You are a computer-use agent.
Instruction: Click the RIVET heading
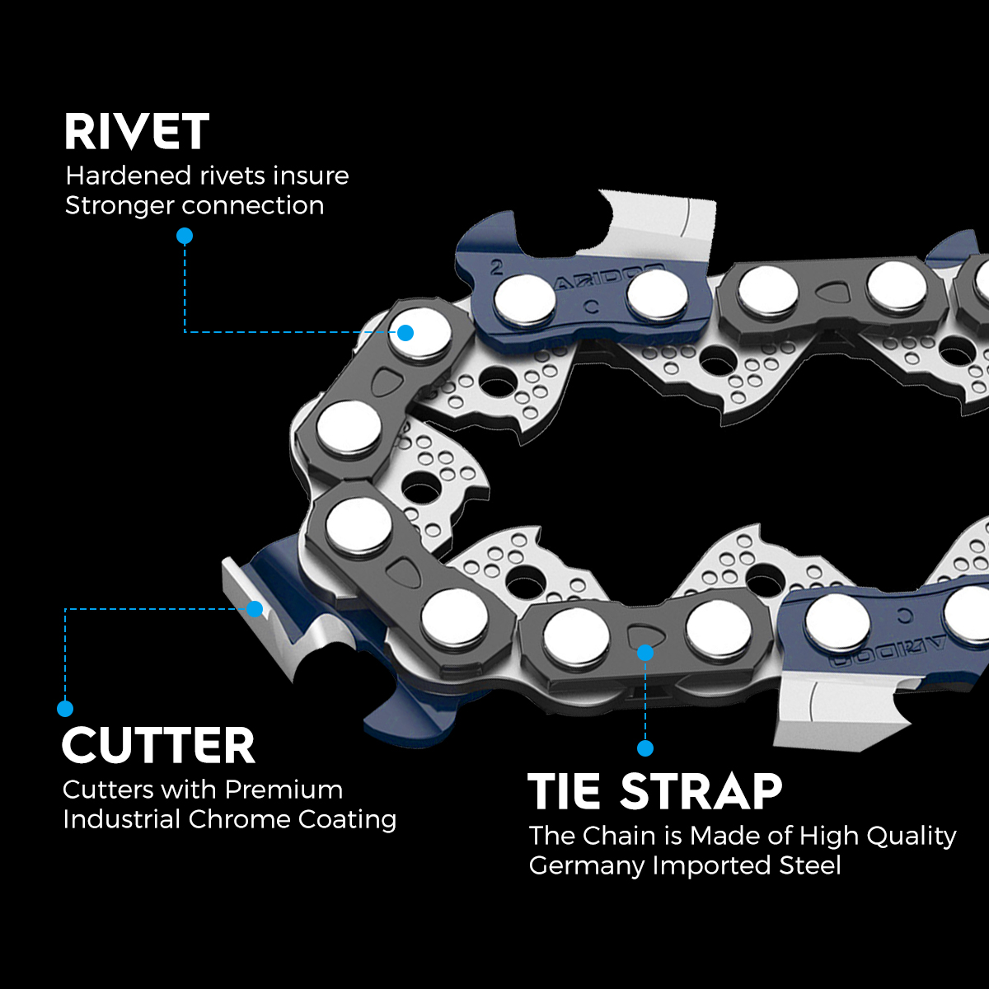coord(137,132)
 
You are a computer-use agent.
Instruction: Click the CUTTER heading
coord(158,746)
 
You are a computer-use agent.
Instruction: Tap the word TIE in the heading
coord(565,791)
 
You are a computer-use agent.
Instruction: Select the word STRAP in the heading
coord(701,791)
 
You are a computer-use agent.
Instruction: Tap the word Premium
coord(284,790)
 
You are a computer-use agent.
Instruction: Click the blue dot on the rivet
coord(405,333)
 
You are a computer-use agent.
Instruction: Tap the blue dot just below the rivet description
coord(185,236)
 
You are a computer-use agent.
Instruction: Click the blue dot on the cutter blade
coord(255,609)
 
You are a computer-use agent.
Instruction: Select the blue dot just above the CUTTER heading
coord(65,708)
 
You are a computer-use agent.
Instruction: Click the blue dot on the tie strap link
coord(645,653)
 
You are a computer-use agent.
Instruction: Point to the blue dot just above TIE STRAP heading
coord(645,748)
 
